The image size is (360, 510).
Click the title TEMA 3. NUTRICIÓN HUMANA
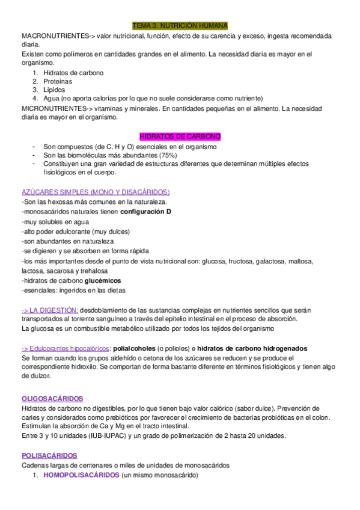click(x=180, y=26)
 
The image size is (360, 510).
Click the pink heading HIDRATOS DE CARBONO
click(x=180, y=137)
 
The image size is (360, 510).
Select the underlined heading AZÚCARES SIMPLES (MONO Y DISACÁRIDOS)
click(x=96, y=192)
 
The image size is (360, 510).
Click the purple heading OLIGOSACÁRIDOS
click(x=52, y=399)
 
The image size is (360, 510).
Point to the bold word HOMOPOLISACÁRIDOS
click(x=82, y=475)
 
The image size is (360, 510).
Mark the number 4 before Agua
click(x=35, y=98)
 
